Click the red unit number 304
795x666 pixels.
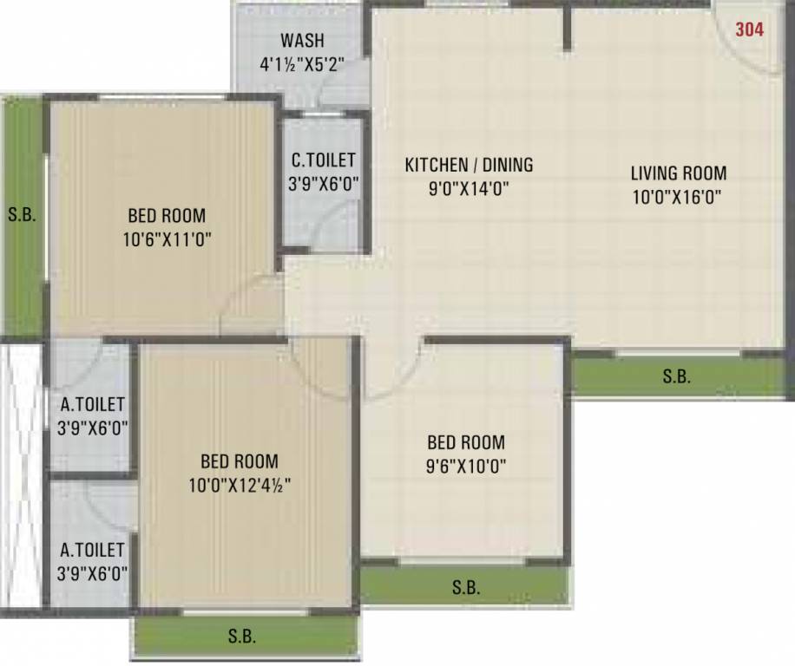pos(749,29)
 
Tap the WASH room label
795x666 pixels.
pos(302,41)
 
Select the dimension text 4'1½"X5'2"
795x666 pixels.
pos(302,63)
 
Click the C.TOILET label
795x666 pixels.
pos(323,160)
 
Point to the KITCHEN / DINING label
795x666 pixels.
pos(470,165)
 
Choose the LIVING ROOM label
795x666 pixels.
pos(679,173)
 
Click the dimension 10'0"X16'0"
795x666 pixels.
pos(679,196)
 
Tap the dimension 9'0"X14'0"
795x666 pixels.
pos(470,188)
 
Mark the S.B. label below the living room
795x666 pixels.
pos(677,376)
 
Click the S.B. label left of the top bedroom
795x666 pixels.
pos(22,215)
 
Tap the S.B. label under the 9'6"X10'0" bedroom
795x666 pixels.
pos(466,588)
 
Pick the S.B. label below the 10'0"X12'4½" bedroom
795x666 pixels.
pos(242,637)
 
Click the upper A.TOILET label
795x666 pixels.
pos(93,403)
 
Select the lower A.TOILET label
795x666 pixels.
pos(93,549)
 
